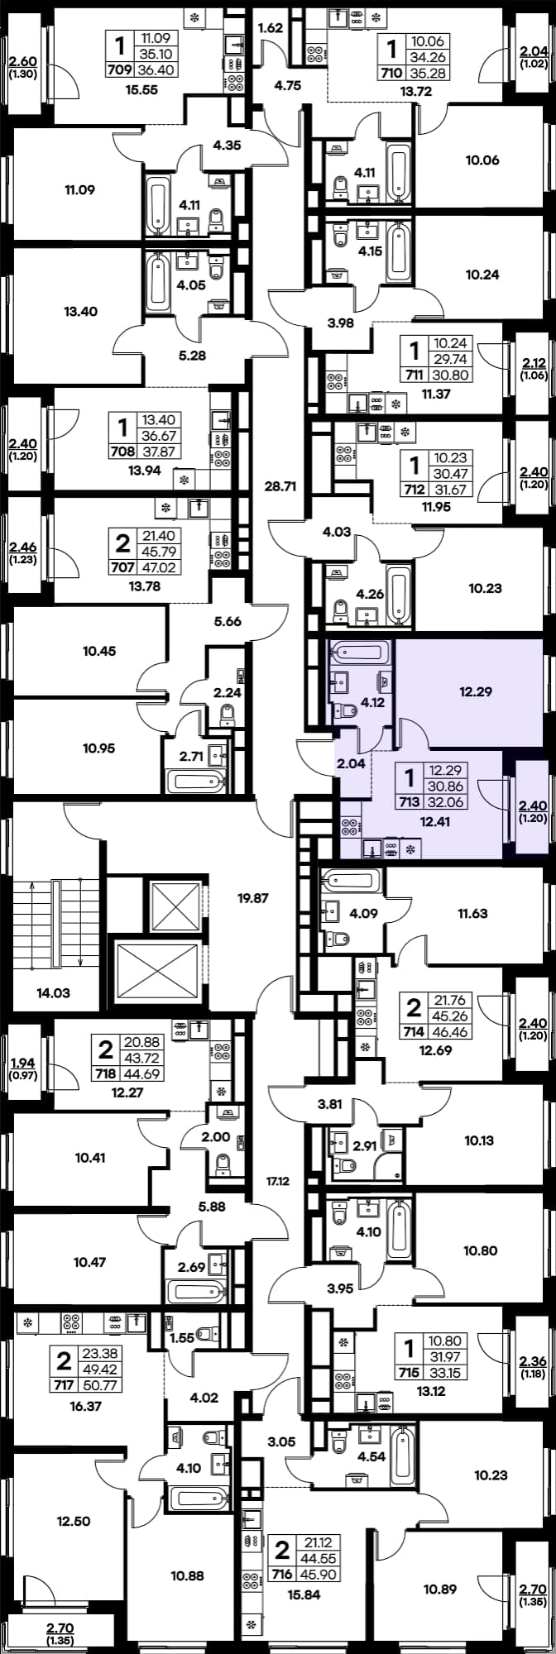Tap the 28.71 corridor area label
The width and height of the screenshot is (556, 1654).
[278, 486]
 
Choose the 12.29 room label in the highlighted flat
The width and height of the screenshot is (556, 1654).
[475, 691]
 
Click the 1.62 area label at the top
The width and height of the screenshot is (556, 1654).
[271, 27]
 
